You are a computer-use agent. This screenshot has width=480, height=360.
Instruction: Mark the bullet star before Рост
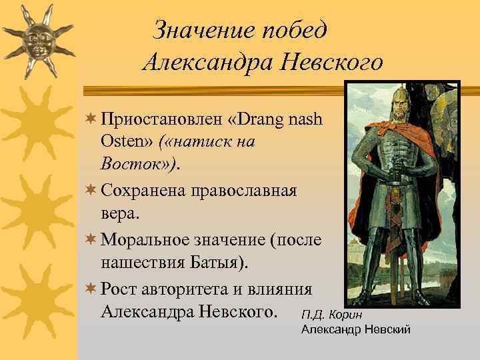92,289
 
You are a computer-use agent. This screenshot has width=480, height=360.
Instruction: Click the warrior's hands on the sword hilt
399,170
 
